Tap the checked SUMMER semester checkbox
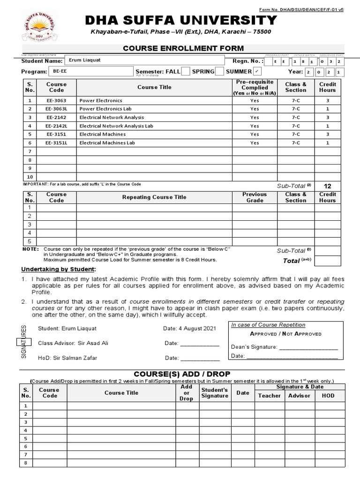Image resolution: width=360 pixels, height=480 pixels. (257, 71)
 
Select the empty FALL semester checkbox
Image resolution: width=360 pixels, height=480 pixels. (185, 71)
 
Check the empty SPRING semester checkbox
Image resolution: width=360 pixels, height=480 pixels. (219, 71)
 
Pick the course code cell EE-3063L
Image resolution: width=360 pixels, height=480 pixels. (56, 109)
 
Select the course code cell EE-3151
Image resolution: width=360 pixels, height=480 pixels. (56, 134)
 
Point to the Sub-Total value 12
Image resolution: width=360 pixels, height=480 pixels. (328, 186)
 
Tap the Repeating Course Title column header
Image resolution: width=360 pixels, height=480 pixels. (154, 197)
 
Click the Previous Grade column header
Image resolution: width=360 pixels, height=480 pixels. (254, 197)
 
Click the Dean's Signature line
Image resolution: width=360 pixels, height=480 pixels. (308, 347)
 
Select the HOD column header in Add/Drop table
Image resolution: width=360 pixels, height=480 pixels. (328, 396)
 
